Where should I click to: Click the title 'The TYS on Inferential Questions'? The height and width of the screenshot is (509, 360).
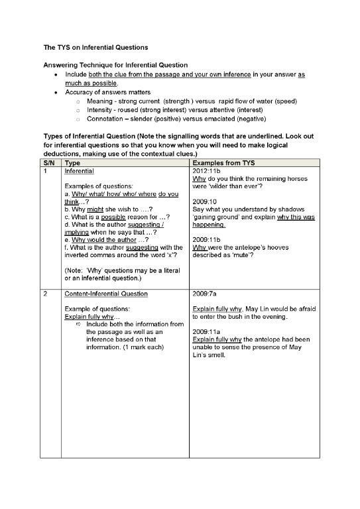(x=95, y=48)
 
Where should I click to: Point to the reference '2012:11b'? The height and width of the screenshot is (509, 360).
(x=205, y=171)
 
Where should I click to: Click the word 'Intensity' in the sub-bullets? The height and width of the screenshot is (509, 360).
(x=100, y=110)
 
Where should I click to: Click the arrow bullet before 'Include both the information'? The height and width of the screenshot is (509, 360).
(x=79, y=324)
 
